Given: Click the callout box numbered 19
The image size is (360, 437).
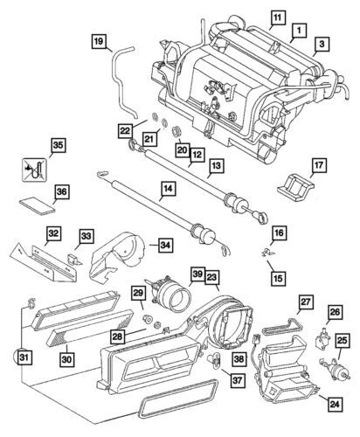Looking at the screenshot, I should pos(98,41).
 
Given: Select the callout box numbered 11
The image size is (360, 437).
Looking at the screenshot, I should pos(276,17).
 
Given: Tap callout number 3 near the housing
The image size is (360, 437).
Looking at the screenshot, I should pos(323,42).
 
